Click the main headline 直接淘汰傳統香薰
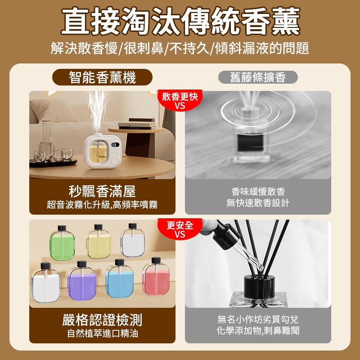[x=180, y=22]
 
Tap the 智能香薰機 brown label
[x=102, y=77]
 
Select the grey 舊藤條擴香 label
[x=258, y=77]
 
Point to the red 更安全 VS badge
[x=180, y=229]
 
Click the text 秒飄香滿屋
[x=102, y=192]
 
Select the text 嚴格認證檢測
[x=102, y=320]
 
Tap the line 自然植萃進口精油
[x=102, y=334]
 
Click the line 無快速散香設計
[x=258, y=203]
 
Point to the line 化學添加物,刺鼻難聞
[x=258, y=331]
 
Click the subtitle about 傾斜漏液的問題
[x=180, y=48]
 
